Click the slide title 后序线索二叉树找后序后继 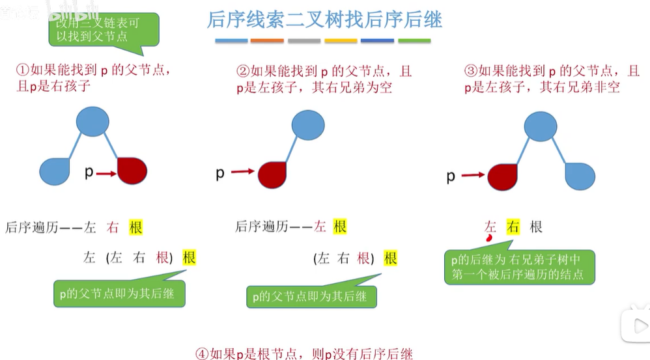[x=324, y=20]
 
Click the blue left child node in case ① [x=54, y=171]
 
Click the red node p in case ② [x=273, y=174]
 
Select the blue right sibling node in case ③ [x=579, y=176]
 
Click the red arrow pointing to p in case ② [x=243, y=172]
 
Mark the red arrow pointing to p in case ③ [x=473, y=174]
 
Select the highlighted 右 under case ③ [x=513, y=227]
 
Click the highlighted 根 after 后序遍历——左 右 [x=135, y=227]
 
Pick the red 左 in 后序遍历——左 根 [x=320, y=227]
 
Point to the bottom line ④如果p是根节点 [x=304, y=353]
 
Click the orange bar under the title [x=267, y=41]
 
